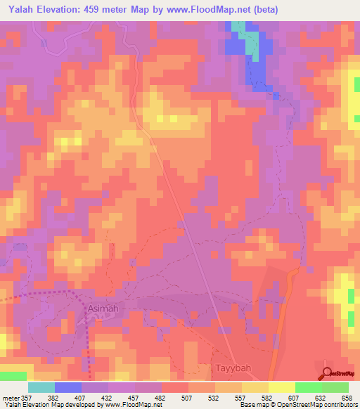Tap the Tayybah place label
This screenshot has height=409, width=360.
(x=231, y=368)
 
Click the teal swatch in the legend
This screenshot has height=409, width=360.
(x=41, y=387)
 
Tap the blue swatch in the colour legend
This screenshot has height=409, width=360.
(x=68, y=387)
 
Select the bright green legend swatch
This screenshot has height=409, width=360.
(x=309, y=387)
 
